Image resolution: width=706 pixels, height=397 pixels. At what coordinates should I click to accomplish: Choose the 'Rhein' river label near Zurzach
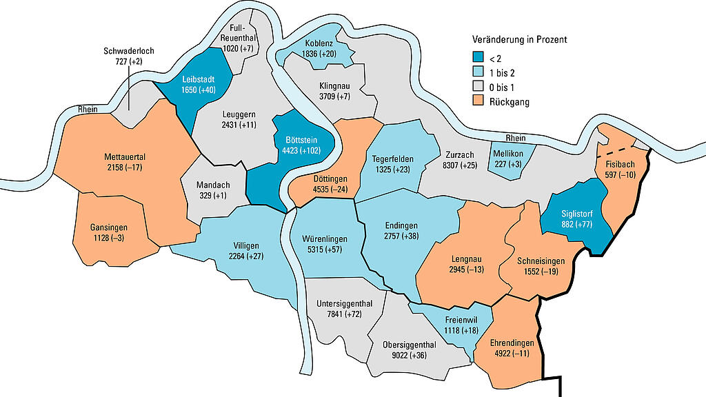516,138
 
